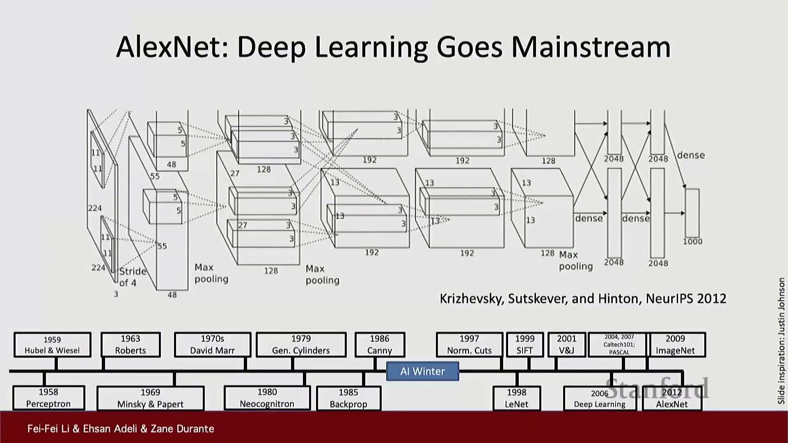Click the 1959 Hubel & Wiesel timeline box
pyautogui.click(x=52, y=345)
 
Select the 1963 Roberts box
pyautogui.click(x=131, y=345)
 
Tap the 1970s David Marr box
pyautogui.click(x=212, y=345)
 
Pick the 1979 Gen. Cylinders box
pyautogui.click(x=301, y=345)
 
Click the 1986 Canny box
pyautogui.click(x=380, y=345)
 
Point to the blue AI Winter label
pyautogui.click(x=422, y=371)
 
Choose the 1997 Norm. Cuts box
pyautogui.click(x=469, y=345)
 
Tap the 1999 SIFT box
pyautogui.click(x=525, y=345)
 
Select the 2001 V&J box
pyautogui.click(x=566, y=345)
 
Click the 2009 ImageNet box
pyautogui.click(x=675, y=345)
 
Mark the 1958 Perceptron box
pyautogui.click(x=48, y=398)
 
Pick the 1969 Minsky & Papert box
pyautogui.click(x=150, y=398)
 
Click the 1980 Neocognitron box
pyautogui.click(x=267, y=398)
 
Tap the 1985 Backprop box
pyautogui.click(x=348, y=398)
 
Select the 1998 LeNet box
pyautogui.click(x=516, y=398)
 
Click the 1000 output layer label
pyautogui.click(x=692, y=242)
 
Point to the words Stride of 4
pyautogui.click(x=132, y=277)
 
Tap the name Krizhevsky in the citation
pyautogui.click(x=471, y=299)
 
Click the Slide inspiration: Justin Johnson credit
pyautogui.click(x=781, y=340)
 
